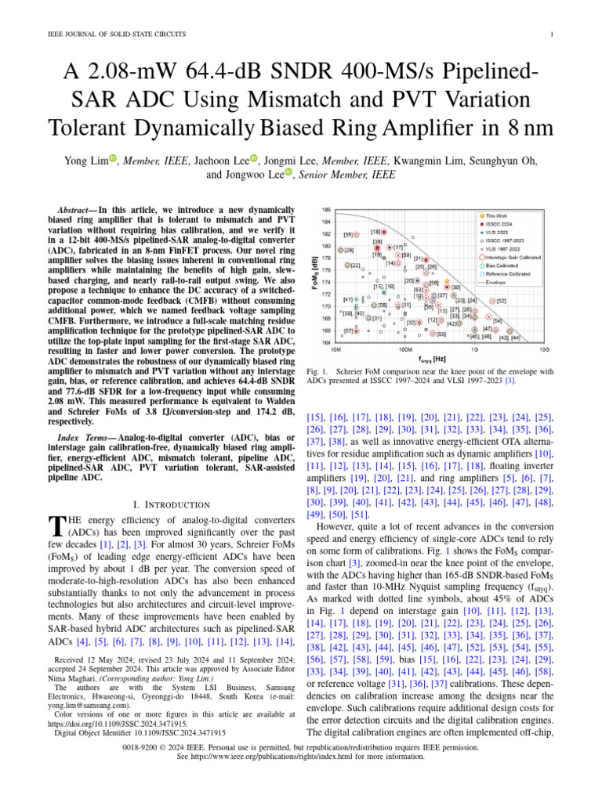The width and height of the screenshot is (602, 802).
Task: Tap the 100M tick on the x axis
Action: coord(405,351)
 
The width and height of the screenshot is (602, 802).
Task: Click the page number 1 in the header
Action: coord(553,34)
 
